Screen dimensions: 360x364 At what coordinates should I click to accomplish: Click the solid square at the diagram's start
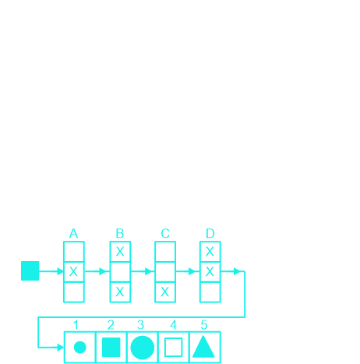pos(30,270)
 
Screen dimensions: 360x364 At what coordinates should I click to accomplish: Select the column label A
pos(73,234)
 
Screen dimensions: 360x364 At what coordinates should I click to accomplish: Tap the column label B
pos(120,234)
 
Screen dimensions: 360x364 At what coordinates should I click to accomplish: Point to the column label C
pos(165,234)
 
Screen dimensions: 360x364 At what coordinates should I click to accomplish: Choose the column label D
pos(210,234)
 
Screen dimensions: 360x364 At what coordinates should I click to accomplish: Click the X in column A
pos(73,272)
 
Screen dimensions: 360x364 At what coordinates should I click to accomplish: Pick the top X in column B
pos(120,252)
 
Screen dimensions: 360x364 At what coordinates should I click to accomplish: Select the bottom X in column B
pos(120,292)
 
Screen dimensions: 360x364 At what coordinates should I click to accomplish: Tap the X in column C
pos(165,292)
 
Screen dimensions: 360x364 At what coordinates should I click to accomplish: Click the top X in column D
pos(210,252)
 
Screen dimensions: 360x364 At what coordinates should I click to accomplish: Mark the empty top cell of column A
pos(74,252)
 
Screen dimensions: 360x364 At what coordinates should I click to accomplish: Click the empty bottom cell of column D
pos(210,292)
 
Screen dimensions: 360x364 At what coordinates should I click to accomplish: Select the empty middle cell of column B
pos(120,272)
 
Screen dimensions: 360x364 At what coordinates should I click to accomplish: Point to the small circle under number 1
pos(79,348)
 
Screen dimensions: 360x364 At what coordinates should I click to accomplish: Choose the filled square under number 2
pos(111,348)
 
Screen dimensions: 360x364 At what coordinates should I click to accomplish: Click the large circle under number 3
pos(143,348)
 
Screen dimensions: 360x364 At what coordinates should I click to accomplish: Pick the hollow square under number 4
pos(174,348)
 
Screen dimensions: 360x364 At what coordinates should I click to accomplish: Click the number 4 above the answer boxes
pos(173,325)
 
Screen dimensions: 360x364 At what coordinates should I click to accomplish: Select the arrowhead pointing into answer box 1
pos(61,348)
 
